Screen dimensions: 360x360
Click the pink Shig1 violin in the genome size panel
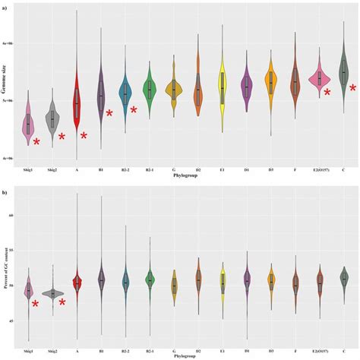[28, 123]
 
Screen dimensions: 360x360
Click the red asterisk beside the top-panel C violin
[352, 88]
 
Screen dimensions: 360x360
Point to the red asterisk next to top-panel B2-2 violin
[134, 110]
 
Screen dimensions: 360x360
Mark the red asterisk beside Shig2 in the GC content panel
[62, 302]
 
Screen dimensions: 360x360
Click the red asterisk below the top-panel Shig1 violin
[36, 142]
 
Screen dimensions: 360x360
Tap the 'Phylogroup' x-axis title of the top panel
[187, 176]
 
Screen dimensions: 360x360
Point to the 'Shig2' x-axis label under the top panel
[52, 171]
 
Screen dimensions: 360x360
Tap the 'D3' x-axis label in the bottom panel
[271, 350]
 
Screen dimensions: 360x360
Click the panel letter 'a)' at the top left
[5, 6]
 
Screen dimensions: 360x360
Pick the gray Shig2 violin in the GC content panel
[52, 293]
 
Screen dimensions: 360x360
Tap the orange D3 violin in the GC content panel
[271, 282]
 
